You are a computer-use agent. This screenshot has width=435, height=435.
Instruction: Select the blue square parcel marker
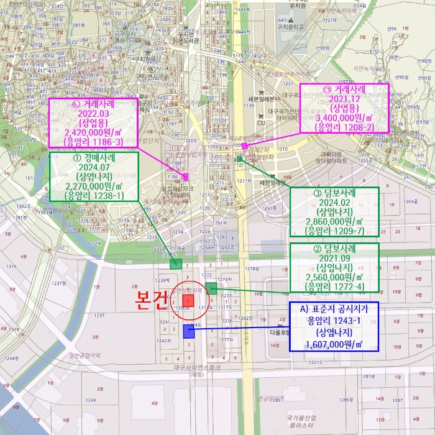pyautogui.click(x=188, y=332)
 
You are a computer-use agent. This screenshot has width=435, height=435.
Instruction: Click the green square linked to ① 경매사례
pyautogui.click(x=176, y=264)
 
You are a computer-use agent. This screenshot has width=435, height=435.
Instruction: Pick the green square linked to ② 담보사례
pyautogui.click(x=211, y=287)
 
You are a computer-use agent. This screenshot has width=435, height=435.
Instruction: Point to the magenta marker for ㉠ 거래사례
pyautogui.click(x=245, y=146)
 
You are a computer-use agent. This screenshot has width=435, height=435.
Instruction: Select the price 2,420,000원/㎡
pyautogui.click(x=94, y=131)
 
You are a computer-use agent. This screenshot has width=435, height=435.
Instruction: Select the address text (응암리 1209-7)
pyautogui.click(x=334, y=230)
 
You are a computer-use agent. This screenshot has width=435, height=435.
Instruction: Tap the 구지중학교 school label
pyautogui.click(x=290, y=27)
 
